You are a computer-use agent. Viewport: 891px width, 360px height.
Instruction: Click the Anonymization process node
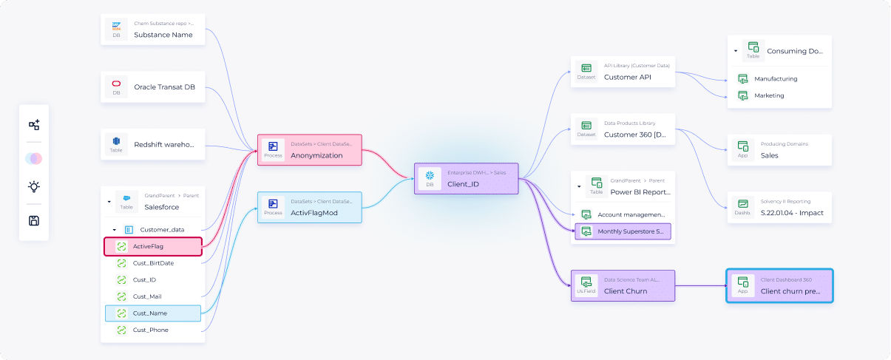[x=309, y=150]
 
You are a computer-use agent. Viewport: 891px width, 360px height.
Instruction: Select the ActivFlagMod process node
[x=309, y=207]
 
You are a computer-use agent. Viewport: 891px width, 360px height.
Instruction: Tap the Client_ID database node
[x=466, y=178]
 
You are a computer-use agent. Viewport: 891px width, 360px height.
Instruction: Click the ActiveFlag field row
[x=153, y=246]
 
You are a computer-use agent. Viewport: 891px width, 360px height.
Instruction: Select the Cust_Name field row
[x=153, y=313]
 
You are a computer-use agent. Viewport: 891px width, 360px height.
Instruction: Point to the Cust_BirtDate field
[x=153, y=262]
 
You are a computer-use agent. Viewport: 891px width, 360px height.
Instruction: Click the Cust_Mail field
[x=152, y=296]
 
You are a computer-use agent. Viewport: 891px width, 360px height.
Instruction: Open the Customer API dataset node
[x=623, y=72]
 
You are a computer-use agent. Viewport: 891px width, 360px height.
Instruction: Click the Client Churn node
[x=623, y=285]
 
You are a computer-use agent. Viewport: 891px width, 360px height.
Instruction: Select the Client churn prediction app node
[x=779, y=285]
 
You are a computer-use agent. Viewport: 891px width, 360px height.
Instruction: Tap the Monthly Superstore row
[x=623, y=231]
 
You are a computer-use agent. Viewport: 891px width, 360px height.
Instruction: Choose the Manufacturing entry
[x=775, y=78]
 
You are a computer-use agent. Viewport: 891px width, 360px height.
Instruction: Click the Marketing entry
[x=769, y=95]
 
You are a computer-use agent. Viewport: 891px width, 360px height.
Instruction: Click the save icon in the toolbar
[x=34, y=220]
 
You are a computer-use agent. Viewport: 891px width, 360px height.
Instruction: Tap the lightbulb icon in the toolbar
[x=34, y=187]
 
